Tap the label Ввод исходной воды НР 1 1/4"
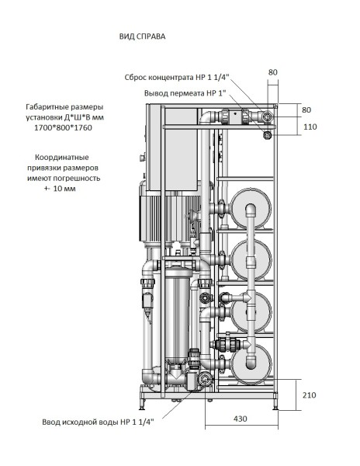pos(98,422)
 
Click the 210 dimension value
pos(308,395)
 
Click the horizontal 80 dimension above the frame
pos(272,72)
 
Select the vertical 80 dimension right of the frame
pos(308,110)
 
